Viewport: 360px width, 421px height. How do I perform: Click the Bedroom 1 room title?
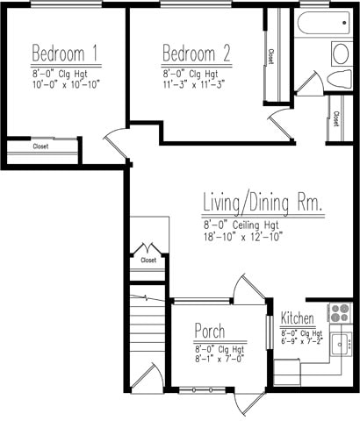click(x=64, y=53)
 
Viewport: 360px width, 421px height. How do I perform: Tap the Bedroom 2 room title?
click(x=197, y=53)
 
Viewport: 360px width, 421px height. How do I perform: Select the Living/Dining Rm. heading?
click(x=263, y=203)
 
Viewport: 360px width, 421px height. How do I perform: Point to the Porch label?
click(x=210, y=332)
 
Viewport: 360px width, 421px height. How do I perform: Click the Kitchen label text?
click(x=297, y=318)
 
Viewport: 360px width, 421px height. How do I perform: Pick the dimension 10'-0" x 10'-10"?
click(x=66, y=85)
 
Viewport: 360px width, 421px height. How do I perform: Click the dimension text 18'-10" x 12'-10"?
click(x=243, y=236)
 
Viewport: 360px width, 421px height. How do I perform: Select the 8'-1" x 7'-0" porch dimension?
click(x=220, y=359)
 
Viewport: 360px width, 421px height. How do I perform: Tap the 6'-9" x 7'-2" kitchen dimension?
click(x=302, y=341)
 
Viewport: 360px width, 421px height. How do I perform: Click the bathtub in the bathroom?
click(x=323, y=23)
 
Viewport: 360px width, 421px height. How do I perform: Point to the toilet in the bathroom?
click(x=339, y=80)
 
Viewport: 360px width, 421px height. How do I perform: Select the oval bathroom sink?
click(x=341, y=54)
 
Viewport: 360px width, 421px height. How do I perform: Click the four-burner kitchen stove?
click(x=340, y=313)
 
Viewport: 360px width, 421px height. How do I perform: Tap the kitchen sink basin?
click(x=340, y=345)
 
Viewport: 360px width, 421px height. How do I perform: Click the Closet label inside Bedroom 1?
click(x=40, y=146)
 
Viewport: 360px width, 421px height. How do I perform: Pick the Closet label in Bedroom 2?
click(x=270, y=56)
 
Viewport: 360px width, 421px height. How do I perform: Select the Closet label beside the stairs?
click(x=148, y=260)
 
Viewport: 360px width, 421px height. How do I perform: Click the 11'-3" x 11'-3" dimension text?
click(x=194, y=85)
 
